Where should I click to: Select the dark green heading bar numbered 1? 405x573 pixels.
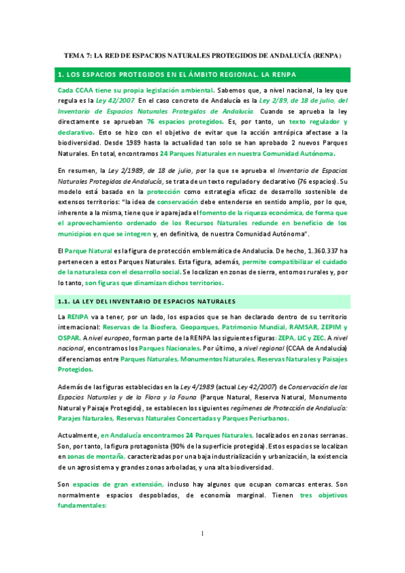click(201, 74)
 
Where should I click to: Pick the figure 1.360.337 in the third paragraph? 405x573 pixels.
click(309, 250)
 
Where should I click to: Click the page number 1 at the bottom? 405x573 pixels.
click(202, 553)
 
